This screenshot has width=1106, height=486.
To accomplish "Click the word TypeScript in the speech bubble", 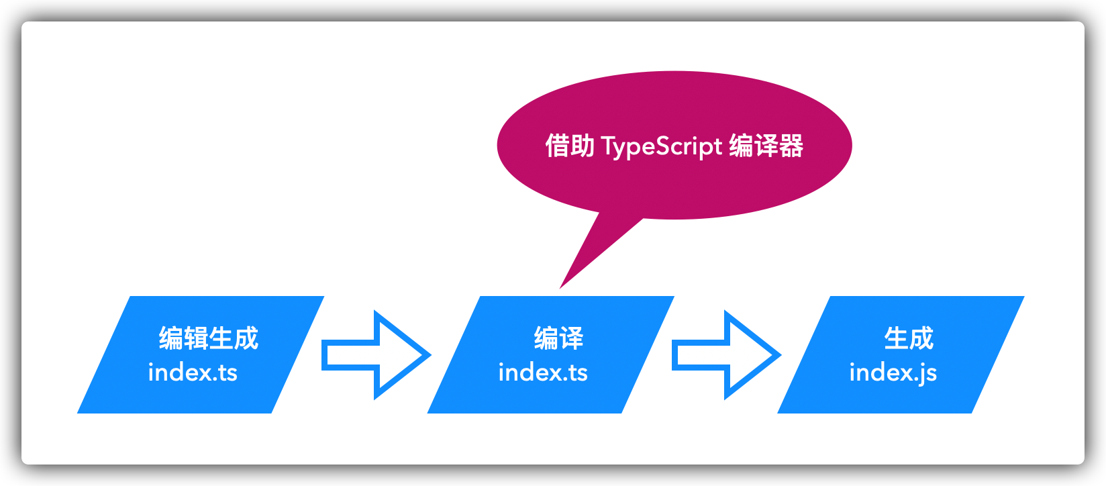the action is pyautogui.click(x=662, y=146).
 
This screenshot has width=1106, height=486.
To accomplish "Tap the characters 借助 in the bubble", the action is pyautogui.click(x=570, y=146).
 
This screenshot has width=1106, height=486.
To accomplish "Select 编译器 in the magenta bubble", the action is pyautogui.click(x=766, y=146).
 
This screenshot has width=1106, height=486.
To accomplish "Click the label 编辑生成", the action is pyautogui.click(x=209, y=338).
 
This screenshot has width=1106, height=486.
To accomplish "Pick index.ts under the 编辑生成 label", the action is pyautogui.click(x=193, y=372).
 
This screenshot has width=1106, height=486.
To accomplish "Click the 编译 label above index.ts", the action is pyautogui.click(x=558, y=338).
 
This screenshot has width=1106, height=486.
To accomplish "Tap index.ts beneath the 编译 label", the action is pyautogui.click(x=543, y=372).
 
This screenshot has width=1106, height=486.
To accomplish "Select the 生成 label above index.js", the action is pyautogui.click(x=909, y=338).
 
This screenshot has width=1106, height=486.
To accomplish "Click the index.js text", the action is pyautogui.click(x=893, y=373).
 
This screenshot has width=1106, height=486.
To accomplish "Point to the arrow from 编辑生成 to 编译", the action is pyautogui.click(x=376, y=355).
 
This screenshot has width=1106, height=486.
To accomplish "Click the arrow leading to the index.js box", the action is pyautogui.click(x=726, y=355).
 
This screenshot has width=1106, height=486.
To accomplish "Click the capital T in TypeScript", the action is pyautogui.click(x=608, y=145).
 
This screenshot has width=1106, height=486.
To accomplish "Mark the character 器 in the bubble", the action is pyautogui.click(x=791, y=146).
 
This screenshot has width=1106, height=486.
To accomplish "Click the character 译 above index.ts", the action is pyautogui.click(x=571, y=338).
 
